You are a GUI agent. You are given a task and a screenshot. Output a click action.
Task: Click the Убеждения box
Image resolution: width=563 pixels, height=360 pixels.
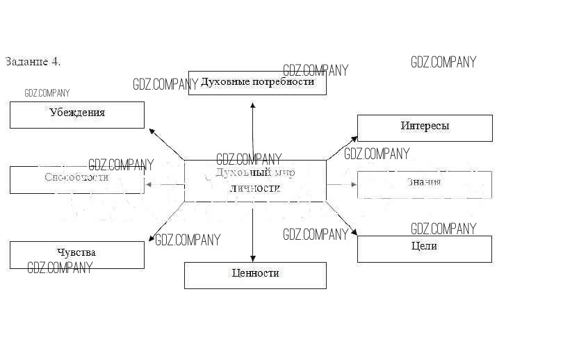77,115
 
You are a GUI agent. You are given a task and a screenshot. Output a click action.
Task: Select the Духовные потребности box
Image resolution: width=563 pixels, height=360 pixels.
257,82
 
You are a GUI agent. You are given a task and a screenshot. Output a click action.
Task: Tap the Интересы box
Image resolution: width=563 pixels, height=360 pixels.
425,128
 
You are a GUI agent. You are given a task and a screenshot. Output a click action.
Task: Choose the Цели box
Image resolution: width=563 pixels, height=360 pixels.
425,248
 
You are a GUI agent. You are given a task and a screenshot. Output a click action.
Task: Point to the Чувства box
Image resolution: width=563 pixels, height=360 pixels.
77,254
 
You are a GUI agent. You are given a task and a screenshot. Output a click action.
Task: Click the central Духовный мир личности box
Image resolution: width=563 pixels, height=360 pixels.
255,180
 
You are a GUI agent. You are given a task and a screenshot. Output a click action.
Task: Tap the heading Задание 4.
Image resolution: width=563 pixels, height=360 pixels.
33,61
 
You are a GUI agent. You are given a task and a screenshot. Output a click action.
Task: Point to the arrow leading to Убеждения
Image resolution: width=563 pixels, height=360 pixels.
167,144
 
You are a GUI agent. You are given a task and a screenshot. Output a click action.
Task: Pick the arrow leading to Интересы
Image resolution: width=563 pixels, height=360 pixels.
342,148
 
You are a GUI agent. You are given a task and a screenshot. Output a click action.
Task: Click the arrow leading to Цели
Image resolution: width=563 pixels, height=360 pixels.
342,220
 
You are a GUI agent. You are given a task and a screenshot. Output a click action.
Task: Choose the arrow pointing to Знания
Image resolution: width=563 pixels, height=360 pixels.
342,184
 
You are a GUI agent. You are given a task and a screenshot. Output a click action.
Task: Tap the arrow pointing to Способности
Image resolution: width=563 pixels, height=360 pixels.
165,184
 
